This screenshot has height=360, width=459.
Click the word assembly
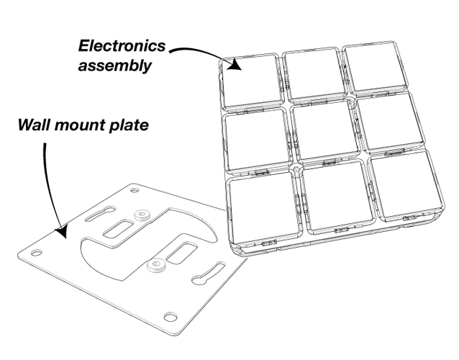click(x=122, y=66)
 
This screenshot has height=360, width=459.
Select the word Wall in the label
click(x=32, y=126)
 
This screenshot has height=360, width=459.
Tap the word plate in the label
click(x=129, y=126)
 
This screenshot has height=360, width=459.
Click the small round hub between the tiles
click(x=296, y=170)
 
